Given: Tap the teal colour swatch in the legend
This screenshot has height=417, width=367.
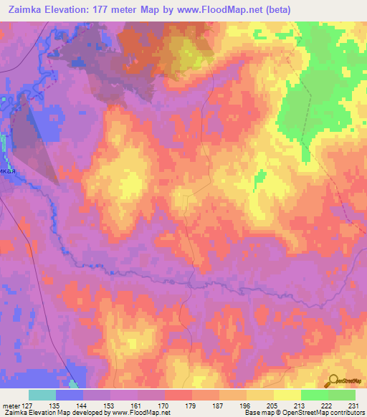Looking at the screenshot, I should coord(42,395).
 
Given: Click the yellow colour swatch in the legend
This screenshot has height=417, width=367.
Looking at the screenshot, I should coord(287,395).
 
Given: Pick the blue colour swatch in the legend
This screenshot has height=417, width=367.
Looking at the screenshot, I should coord(70,395).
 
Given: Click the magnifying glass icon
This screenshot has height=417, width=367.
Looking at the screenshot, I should coord(332,380).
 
